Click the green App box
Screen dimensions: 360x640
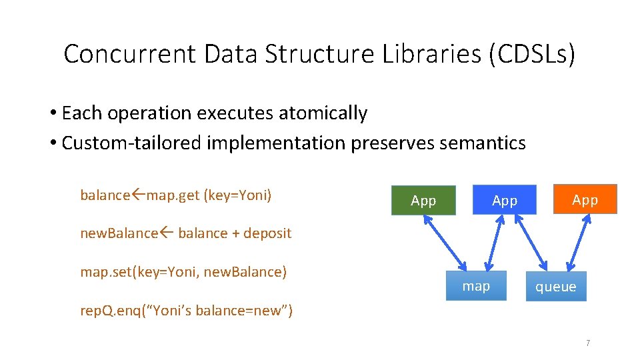pyautogui.click(x=423, y=200)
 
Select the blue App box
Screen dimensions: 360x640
pyautogui.click(x=504, y=200)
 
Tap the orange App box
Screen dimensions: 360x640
pyautogui.click(x=585, y=199)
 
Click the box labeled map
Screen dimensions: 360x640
pyautogui.click(x=475, y=286)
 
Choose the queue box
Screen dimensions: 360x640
pyautogui.click(x=555, y=286)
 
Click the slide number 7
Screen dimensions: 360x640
pyautogui.click(x=587, y=343)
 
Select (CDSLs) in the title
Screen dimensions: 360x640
pyautogui.click(x=531, y=54)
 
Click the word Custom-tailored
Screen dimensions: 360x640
pyautogui.click(x=132, y=143)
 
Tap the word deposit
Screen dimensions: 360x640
pyautogui.click(x=267, y=233)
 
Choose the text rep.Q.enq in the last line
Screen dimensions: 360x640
pyautogui.click(x=105, y=311)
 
